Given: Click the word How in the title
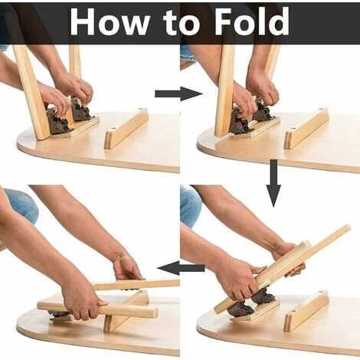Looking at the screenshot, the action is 110,21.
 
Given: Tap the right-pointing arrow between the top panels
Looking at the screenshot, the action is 178,93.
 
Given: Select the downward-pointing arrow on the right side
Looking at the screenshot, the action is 273,183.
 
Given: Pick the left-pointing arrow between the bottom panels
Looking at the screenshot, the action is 181,268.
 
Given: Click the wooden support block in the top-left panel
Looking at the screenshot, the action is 126,128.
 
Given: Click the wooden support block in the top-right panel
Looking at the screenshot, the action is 306,128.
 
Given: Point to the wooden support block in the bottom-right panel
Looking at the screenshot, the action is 306,310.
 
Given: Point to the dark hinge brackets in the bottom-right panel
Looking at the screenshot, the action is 251,303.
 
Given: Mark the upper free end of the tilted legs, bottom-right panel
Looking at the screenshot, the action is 347,228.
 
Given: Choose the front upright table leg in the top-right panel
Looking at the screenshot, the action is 224,90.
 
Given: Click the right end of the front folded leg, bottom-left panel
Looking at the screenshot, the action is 155,313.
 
